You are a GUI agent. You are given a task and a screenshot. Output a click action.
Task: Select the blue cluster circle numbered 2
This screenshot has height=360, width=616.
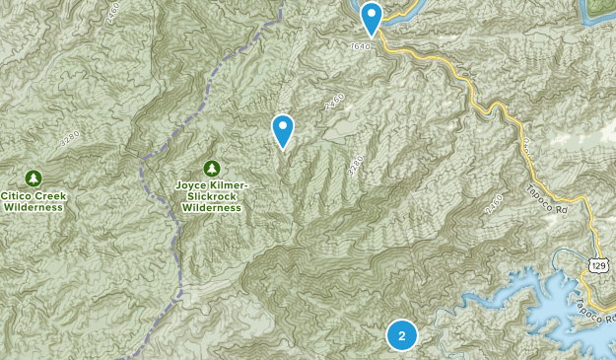(402, 335)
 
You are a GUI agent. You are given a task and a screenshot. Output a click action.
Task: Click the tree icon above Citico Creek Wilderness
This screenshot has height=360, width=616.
(34, 179)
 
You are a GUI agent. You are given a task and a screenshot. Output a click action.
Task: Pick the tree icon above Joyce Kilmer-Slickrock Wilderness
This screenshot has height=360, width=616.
(211, 169)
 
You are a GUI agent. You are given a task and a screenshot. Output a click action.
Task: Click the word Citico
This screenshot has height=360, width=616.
(16, 196)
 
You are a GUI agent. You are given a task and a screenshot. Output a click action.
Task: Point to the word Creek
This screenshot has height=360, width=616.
(48, 196)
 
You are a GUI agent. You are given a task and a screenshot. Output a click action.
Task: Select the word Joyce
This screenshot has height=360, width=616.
(194, 184)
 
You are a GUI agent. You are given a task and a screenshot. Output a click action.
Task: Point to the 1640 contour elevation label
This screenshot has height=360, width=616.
(360, 45)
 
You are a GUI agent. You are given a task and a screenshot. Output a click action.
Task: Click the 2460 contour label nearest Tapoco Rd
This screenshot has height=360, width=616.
(494, 204)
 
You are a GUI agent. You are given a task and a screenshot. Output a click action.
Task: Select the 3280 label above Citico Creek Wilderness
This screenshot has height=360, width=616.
(69, 139)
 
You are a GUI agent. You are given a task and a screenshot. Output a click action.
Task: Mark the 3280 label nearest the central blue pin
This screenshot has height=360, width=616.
(356, 165)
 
